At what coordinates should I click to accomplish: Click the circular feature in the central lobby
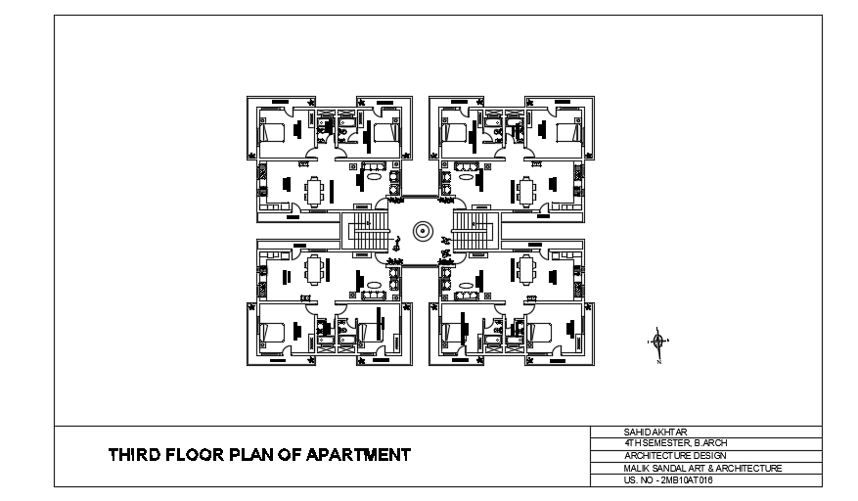422,232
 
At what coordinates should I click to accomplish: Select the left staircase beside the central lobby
370,233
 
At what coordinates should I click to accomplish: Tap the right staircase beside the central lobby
473,233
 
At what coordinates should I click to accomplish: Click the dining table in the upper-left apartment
315,189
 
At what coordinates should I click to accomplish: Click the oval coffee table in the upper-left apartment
375,179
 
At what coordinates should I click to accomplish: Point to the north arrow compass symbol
657,342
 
